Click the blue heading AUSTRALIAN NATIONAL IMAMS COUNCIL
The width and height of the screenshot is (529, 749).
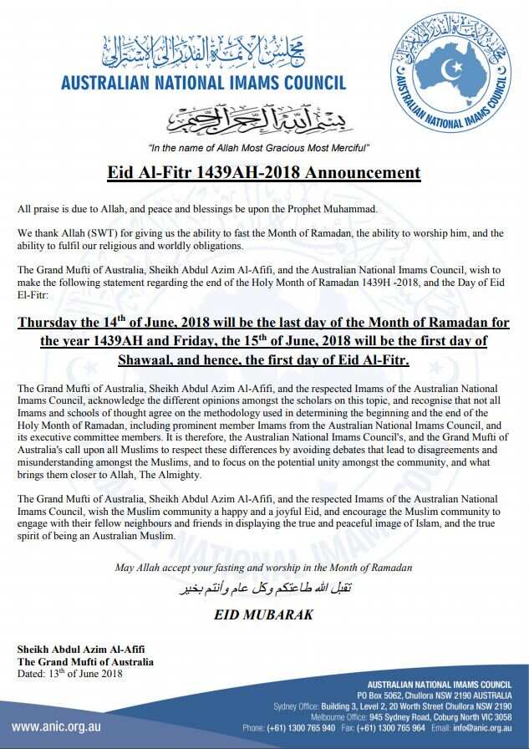(204, 83)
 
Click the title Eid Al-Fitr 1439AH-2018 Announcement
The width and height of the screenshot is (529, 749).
(264, 174)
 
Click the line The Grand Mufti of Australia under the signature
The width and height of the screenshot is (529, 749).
(85, 662)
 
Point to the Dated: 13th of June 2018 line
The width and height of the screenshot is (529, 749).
(70, 674)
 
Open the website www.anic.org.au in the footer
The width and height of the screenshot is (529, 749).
(56, 726)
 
